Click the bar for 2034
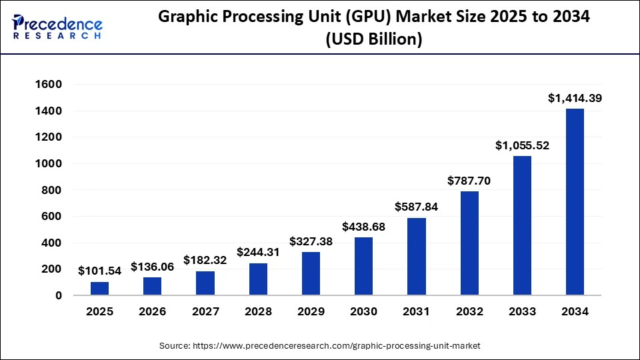[x=575, y=201]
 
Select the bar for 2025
[x=99, y=288]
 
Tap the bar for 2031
[x=416, y=256]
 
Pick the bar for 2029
[x=311, y=273]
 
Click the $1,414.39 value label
[x=575, y=98]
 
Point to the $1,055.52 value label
[x=522, y=145]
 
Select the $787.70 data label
[x=469, y=181]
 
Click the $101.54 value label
[x=99, y=271]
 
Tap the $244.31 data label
[x=258, y=253]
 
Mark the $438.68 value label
[x=363, y=227]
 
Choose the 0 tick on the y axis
[x=59, y=295]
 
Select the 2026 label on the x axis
[x=152, y=312]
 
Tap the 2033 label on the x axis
[x=522, y=312]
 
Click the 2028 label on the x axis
[x=258, y=312]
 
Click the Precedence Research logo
[x=57, y=27]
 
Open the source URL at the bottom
[x=319, y=346]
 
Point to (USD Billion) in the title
[x=373, y=40]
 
